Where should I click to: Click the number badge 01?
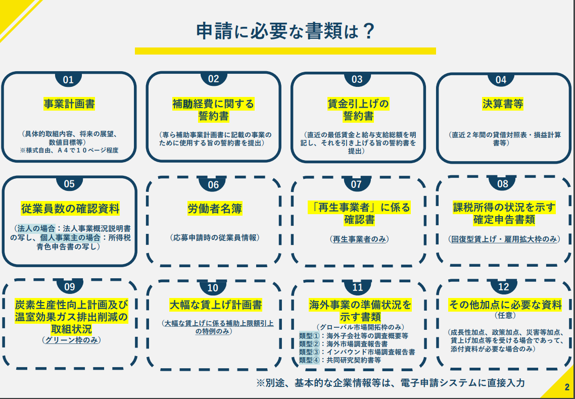[68, 80]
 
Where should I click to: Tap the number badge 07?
[357, 184]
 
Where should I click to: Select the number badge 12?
[503, 287]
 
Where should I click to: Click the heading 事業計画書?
[69, 104]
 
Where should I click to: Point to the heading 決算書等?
[503, 104]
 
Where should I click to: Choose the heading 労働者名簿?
[213, 209]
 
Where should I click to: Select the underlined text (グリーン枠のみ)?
[71, 340]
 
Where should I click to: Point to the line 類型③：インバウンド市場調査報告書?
[357, 352]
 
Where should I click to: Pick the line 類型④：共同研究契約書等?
[340, 360]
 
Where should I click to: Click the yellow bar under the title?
[285, 51]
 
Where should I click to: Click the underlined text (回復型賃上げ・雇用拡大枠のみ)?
[504, 239]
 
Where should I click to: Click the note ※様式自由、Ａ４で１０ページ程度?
[69, 151]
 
